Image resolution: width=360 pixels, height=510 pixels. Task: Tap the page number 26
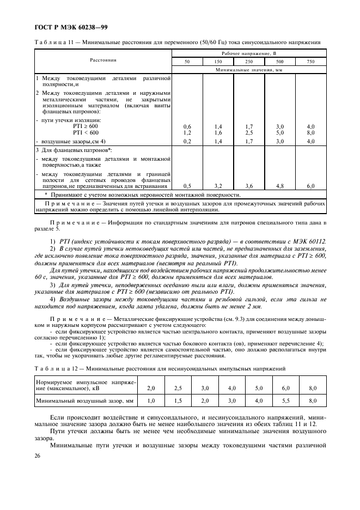click(x=38, y=456)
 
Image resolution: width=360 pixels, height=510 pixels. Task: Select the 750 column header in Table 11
click(x=311, y=62)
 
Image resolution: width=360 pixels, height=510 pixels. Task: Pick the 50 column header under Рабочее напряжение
click(x=187, y=62)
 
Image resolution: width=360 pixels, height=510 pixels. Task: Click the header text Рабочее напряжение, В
click(x=249, y=53)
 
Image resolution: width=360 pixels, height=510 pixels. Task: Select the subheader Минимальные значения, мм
click(x=249, y=71)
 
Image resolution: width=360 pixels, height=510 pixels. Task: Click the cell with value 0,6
click(x=187, y=126)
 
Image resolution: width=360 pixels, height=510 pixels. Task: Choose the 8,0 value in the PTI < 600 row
click(x=311, y=132)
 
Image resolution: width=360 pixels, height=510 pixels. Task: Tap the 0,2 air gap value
click(x=187, y=141)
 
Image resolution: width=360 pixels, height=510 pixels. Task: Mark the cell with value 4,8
click(x=280, y=186)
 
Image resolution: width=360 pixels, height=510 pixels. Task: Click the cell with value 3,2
click(x=218, y=186)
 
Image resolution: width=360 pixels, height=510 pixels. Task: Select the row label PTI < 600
click(x=86, y=132)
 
